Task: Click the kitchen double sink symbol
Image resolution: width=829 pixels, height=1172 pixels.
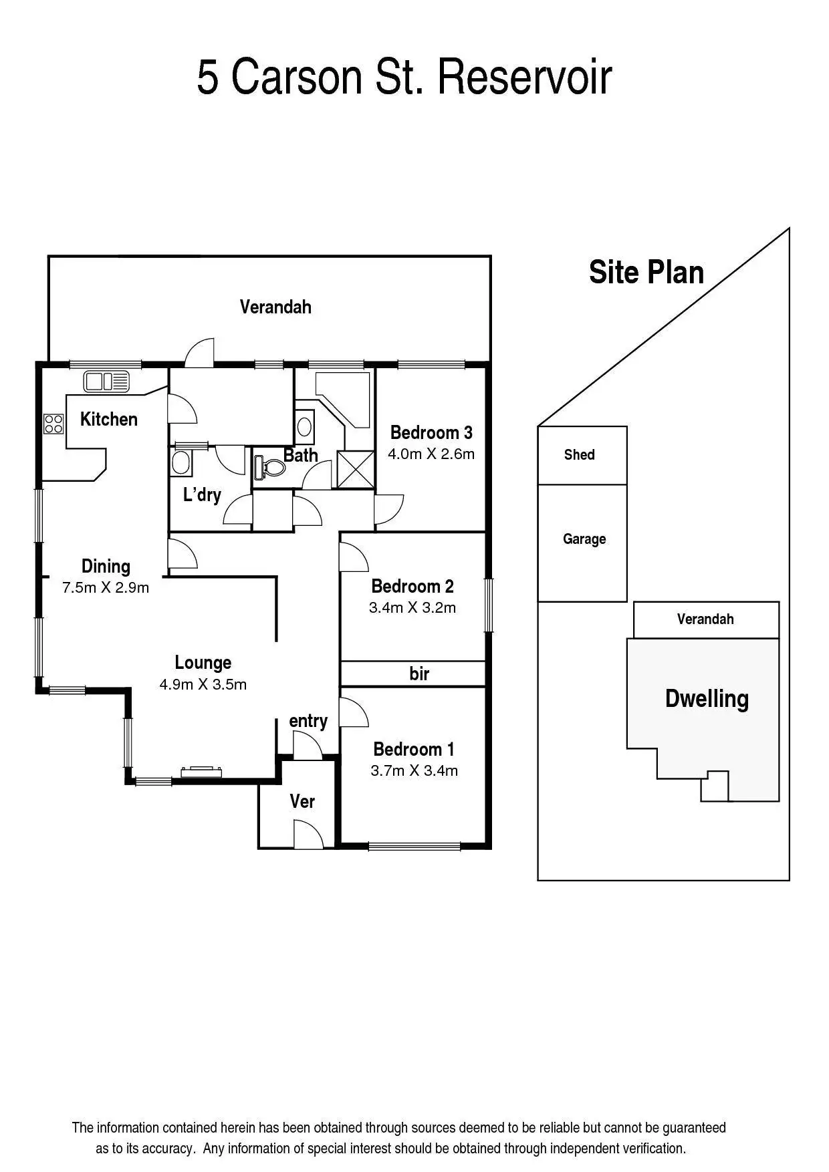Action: pyautogui.click(x=106, y=382)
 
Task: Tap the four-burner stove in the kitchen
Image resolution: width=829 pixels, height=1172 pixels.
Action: pyautogui.click(x=53, y=424)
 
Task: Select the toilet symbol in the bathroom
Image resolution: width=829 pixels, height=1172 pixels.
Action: pyautogui.click(x=270, y=465)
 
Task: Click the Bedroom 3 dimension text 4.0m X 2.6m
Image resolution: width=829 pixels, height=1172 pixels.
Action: pyautogui.click(x=431, y=454)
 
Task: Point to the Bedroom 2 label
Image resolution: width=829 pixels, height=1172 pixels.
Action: pyautogui.click(x=412, y=586)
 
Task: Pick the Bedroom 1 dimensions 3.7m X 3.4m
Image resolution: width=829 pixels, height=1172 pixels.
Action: pyautogui.click(x=414, y=770)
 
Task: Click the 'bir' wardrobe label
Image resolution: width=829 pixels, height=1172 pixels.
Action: pyautogui.click(x=419, y=674)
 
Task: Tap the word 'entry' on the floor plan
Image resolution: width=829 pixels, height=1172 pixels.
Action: pyautogui.click(x=308, y=721)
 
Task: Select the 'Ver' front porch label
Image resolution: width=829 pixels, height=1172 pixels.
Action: pyautogui.click(x=302, y=801)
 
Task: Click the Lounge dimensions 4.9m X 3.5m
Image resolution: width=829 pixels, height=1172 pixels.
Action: pyautogui.click(x=203, y=684)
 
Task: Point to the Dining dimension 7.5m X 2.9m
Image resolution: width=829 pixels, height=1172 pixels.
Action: pyautogui.click(x=106, y=588)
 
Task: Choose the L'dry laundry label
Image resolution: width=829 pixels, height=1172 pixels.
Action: pyautogui.click(x=202, y=495)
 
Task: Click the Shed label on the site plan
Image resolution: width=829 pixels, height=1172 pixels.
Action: pyautogui.click(x=579, y=454)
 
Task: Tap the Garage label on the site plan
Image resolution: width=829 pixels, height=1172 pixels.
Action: pyautogui.click(x=584, y=539)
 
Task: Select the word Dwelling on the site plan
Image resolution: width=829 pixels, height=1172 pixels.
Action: pyautogui.click(x=707, y=699)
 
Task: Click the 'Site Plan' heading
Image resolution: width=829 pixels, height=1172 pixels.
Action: pyautogui.click(x=646, y=273)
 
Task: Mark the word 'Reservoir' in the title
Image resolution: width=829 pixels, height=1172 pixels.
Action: pyautogui.click(x=525, y=78)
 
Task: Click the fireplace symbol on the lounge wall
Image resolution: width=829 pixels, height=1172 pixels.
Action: pyautogui.click(x=201, y=772)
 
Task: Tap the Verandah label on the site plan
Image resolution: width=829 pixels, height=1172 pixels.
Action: pyautogui.click(x=705, y=619)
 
